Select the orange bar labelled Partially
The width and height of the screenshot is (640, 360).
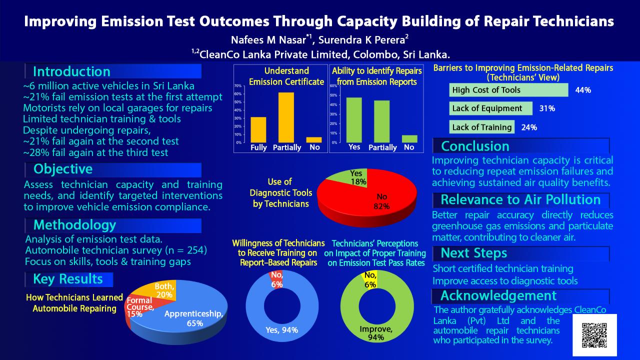tap(286, 117)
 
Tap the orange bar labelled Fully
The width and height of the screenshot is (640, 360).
tap(258, 129)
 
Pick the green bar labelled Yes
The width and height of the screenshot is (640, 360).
tap(354, 119)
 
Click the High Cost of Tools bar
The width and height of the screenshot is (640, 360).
tap(509, 90)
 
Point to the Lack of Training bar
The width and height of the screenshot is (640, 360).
tap(482, 127)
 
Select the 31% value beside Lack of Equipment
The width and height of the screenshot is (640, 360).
tap(547, 108)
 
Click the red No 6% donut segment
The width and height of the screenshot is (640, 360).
tap(275, 278)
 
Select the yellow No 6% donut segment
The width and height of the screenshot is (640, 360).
tap(370, 278)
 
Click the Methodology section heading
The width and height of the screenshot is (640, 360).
tap(74, 225)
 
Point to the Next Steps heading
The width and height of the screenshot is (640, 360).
tap(474, 253)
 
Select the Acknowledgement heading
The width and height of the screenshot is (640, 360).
tap(498, 295)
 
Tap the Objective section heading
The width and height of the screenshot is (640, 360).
tap(63, 169)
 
